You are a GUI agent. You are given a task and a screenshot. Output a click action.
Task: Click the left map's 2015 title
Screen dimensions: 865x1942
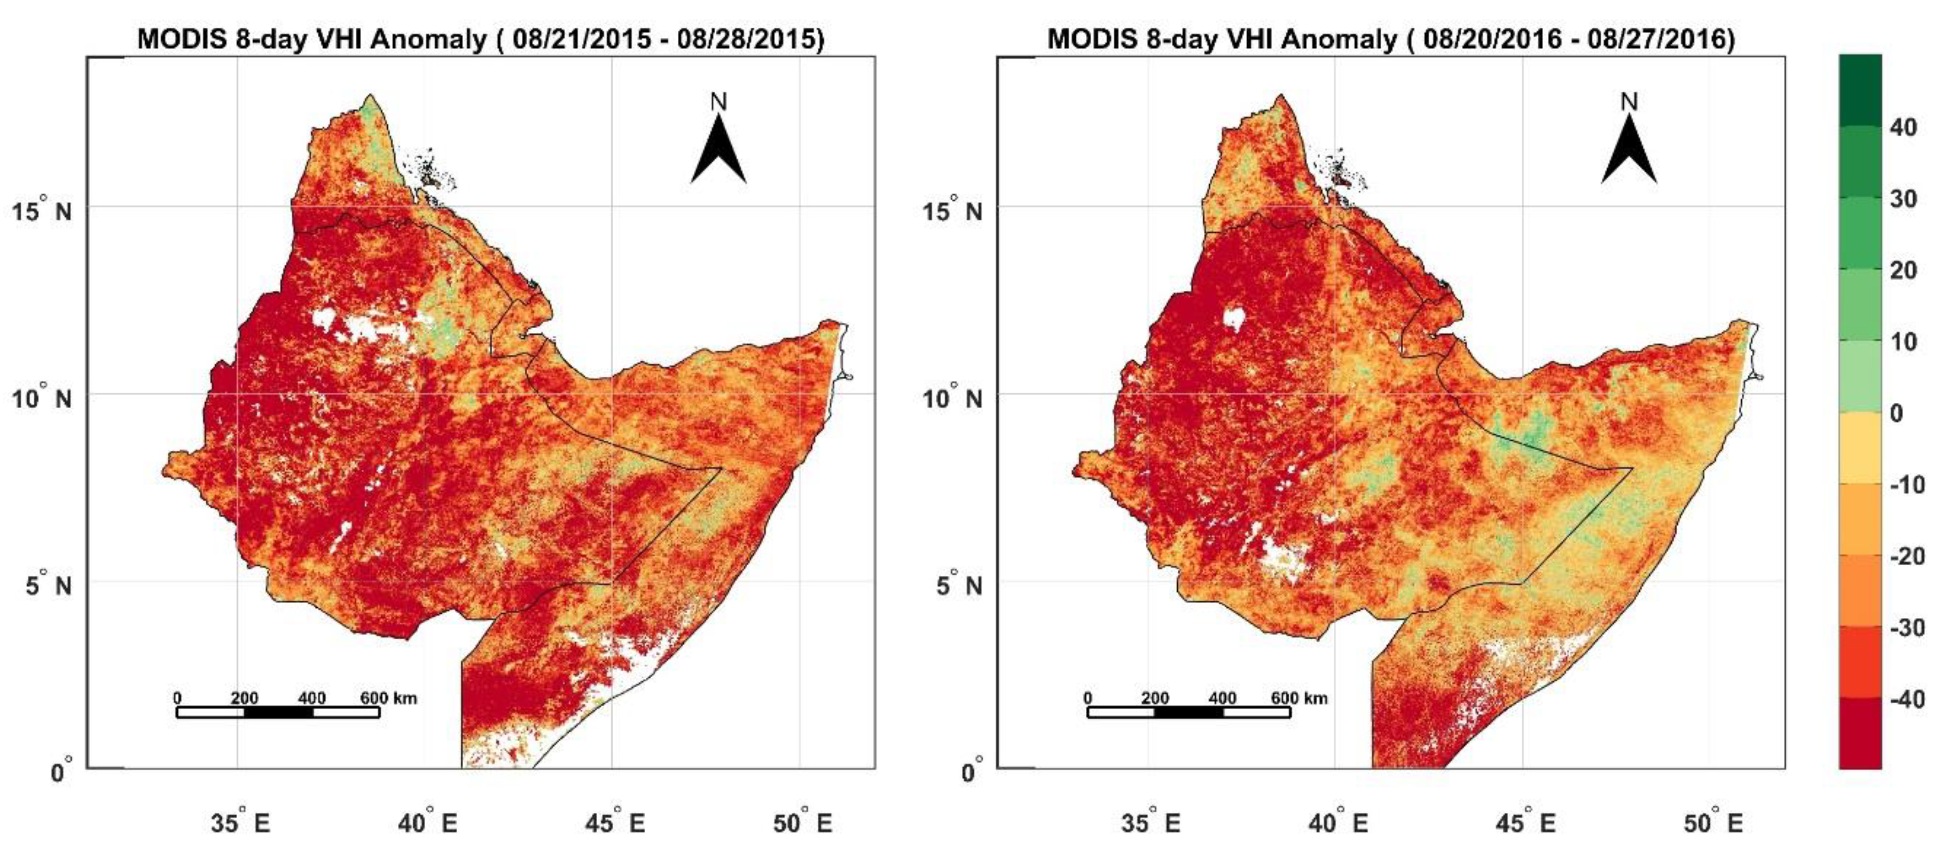(x=480, y=38)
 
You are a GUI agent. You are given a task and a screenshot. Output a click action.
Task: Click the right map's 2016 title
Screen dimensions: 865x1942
(x=1391, y=38)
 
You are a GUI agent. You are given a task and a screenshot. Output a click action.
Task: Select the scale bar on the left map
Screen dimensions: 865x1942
(x=277, y=712)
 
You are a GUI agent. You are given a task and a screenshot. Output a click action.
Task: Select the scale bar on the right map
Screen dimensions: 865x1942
(x=1188, y=712)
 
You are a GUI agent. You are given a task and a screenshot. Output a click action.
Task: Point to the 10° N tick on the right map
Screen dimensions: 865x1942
(x=952, y=397)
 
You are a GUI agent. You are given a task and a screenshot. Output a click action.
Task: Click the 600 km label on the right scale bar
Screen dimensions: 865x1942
(x=1298, y=698)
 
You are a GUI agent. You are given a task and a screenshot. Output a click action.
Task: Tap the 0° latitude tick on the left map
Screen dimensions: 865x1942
(x=60, y=772)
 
